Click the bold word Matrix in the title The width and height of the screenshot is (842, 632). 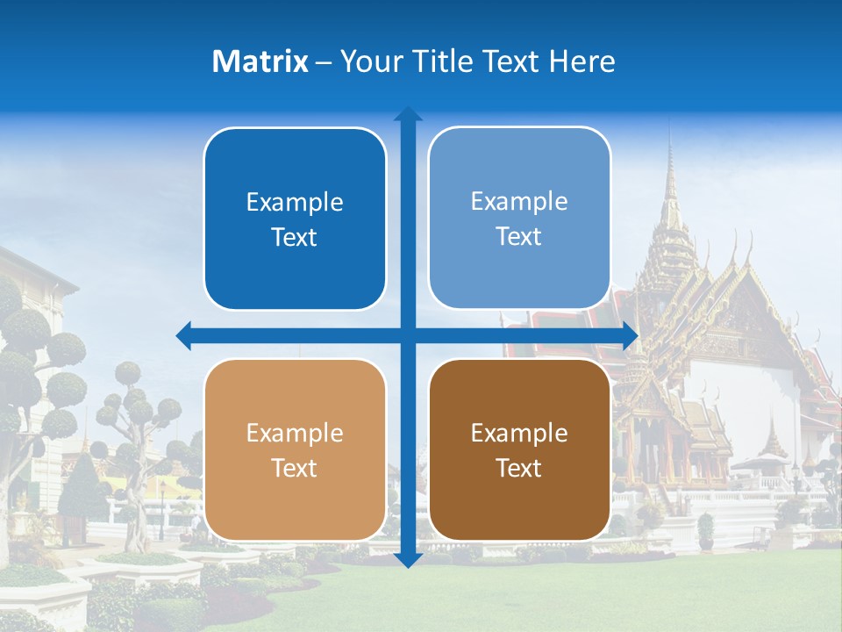click(x=260, y=61)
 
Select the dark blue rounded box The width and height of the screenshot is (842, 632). click(x=295, y=219)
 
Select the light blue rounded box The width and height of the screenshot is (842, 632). click(x=519, y=219)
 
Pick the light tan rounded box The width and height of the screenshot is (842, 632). click(x=295, y=450)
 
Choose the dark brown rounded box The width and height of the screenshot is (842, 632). click(x=519, y=450)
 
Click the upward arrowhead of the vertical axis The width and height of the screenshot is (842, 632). click(x=408, y=114)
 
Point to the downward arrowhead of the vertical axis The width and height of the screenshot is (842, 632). click(x=408, y=560)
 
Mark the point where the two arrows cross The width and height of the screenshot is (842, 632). click(x=408, y=335)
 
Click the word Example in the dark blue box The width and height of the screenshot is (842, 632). click(x=295, y=203)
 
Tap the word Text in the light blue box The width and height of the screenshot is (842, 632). click(x=519, y=236)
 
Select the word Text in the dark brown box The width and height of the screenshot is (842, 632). click(x=519, y=468)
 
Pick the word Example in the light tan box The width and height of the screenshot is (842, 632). click(x=295, y=434)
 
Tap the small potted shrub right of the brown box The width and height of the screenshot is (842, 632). click(x=705, y=530)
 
